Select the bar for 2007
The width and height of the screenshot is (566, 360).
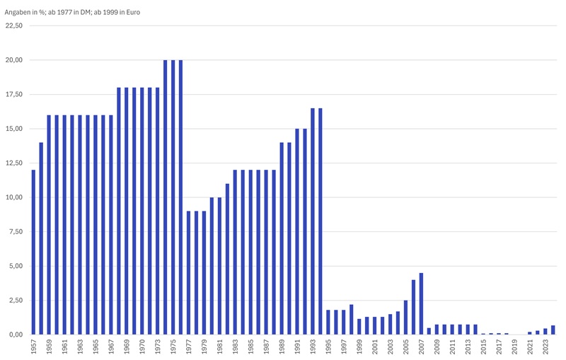click(421, 303)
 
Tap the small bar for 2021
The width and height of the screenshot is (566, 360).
click(530, 332)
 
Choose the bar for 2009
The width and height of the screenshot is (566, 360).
click(437, 330)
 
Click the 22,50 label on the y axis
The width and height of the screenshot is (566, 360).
click(15, 25)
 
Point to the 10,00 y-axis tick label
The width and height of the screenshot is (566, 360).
click(15, 197)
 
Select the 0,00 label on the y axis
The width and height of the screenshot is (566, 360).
click(16, 335)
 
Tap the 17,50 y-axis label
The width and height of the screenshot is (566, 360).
click(15, 94)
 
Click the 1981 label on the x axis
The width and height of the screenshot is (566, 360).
click(220, 347)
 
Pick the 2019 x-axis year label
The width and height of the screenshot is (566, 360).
click(514, 347)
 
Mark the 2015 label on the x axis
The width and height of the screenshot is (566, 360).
click(484, 347)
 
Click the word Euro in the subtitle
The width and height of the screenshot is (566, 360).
click(132, 11)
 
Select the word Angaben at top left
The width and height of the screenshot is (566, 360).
click(19, 11)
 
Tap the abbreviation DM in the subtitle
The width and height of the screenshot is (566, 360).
click(84, 11)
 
